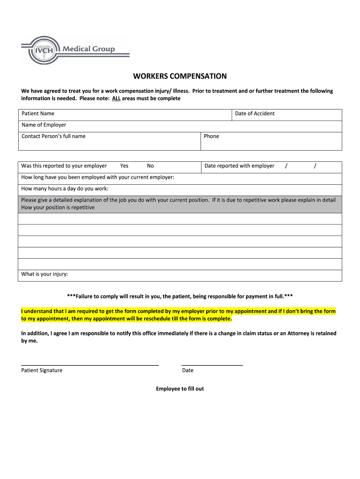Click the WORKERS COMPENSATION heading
pyautogui.click(x=180, y=76)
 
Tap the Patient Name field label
pyautogui.click(x=38, y=114)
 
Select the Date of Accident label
pyautogui.click(x=255, y=114)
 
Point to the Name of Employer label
pyautogui.click(x=44, y=125)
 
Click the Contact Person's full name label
pyautogui.click(x=53, y=136)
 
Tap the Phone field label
pyautogui.click(x=211, y=136)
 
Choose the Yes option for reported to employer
pyautogui.click(x=124, y=166)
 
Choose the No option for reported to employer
pyautogui.click(x=150, y=166)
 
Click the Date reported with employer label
pyautogui.click(x=239, y=166)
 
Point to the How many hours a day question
pyautogui.click(x=65, y=189)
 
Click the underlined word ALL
pyautogui.click(x=116, y=99)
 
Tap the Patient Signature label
pyautogui.click(x=42, y=370)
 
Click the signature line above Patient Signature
pyautogui.click(x=90, y=365)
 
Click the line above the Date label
pyautogui.click(x=212, y=365)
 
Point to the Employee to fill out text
pyautogui.click(x=180, y=389)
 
